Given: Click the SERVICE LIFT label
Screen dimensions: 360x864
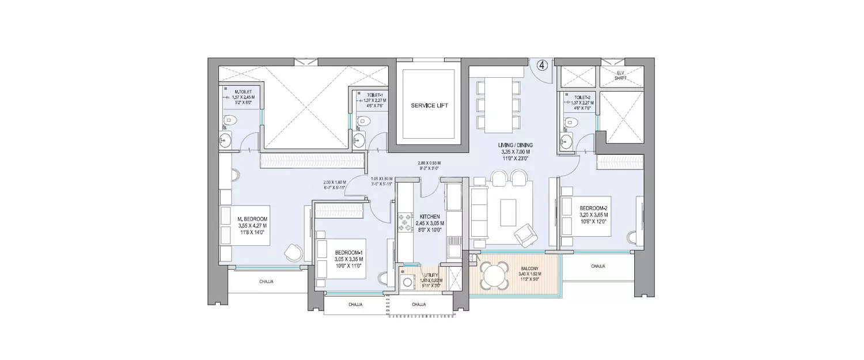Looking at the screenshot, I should click(x=429, y=106).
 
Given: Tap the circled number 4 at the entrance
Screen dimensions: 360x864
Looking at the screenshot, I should click(x=541, y=65).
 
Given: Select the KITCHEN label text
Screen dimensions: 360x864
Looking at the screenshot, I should click(x=430, y=216).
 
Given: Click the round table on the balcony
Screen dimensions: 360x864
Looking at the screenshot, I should click(x=494, y=274).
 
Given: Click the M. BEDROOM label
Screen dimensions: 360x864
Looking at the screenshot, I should click(x=252, y=219).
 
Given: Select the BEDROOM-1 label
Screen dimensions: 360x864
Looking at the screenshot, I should click(x=350, y=252).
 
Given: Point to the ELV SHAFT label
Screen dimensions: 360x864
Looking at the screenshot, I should click(x=620, y=74).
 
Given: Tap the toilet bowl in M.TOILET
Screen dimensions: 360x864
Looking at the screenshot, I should click(x=230, y=121).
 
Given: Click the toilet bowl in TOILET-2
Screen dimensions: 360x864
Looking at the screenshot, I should click(x=571, y=122).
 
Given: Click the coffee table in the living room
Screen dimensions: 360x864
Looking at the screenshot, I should click(x=508, y=212).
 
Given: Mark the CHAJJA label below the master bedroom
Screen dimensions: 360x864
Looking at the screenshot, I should click(x=265, y=282).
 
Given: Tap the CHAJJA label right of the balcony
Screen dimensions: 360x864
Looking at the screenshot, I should click(x=598, y=266).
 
